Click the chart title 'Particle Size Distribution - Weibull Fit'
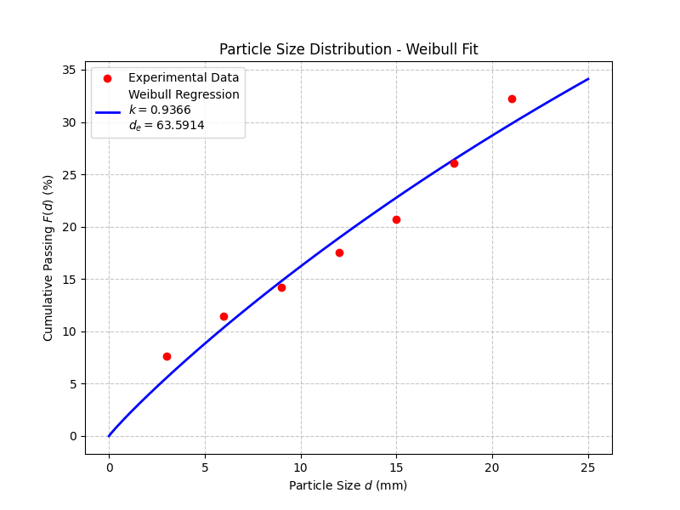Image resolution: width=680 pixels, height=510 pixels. click(x=348, y=49)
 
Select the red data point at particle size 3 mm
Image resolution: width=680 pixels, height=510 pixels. click(x=167, y=356)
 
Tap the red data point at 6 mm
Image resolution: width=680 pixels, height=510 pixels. click(x=224, y=316)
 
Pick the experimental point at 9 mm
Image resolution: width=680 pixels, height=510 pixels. click(x=281, y=287)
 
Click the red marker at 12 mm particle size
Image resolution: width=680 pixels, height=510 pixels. click(x=339, y=252)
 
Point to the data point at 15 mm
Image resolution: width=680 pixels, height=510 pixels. click(x=396, y=219)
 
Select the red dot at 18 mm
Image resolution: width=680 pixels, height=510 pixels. click(x=454, y=163)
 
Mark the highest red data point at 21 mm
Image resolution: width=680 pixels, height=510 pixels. click(x=512, y=99)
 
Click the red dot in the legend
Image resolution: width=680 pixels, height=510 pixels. click(x=107, y=78)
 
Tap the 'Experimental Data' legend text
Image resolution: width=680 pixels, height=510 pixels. click(x=184, y=78)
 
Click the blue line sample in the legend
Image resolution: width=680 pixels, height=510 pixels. click(x=107, y=110)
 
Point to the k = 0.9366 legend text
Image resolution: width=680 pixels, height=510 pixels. click(x=160, y=110)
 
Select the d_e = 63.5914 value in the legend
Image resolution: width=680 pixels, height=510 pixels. click(x=167, y=125)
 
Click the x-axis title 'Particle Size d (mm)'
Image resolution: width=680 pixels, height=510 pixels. click(x=348, y=485)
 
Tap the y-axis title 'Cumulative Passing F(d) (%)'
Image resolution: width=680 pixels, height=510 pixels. click(x=48, y=258)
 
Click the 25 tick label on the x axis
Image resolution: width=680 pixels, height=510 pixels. click(x=588, y=467)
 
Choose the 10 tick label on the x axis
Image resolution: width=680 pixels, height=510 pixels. click(x=300, y=467)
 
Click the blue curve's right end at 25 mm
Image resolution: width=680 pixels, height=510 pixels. click(x=588, y=79)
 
